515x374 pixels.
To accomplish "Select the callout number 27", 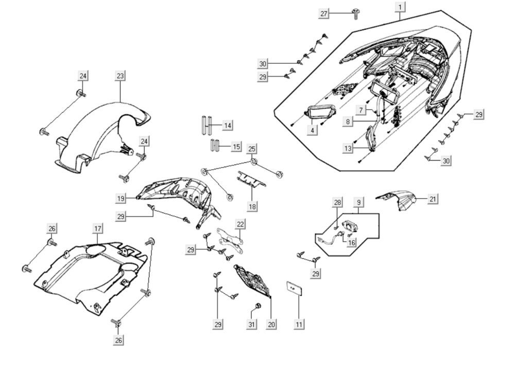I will (x=324, y=13).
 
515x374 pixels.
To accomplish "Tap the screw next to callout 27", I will (x=355, y=13).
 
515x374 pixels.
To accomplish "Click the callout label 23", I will (x=120, y=76).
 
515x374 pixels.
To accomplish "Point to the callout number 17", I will (x=97, y=228).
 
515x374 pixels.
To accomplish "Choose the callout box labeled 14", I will (x=228, y=125).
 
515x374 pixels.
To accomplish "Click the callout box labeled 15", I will (x=236, y=147).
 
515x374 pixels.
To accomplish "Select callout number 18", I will (x=251, y=206).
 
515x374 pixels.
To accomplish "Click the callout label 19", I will (x=120, y=198).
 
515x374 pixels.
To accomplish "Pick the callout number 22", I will (x=241, y=224).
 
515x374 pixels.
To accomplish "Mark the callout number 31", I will (x=251, y=324).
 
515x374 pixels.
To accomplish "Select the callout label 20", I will (x=271, y=324).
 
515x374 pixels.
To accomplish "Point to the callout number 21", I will (x=433, y=199).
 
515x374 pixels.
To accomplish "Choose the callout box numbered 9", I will (x=358, y=203).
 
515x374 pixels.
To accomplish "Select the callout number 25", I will (x=251, y=149).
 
